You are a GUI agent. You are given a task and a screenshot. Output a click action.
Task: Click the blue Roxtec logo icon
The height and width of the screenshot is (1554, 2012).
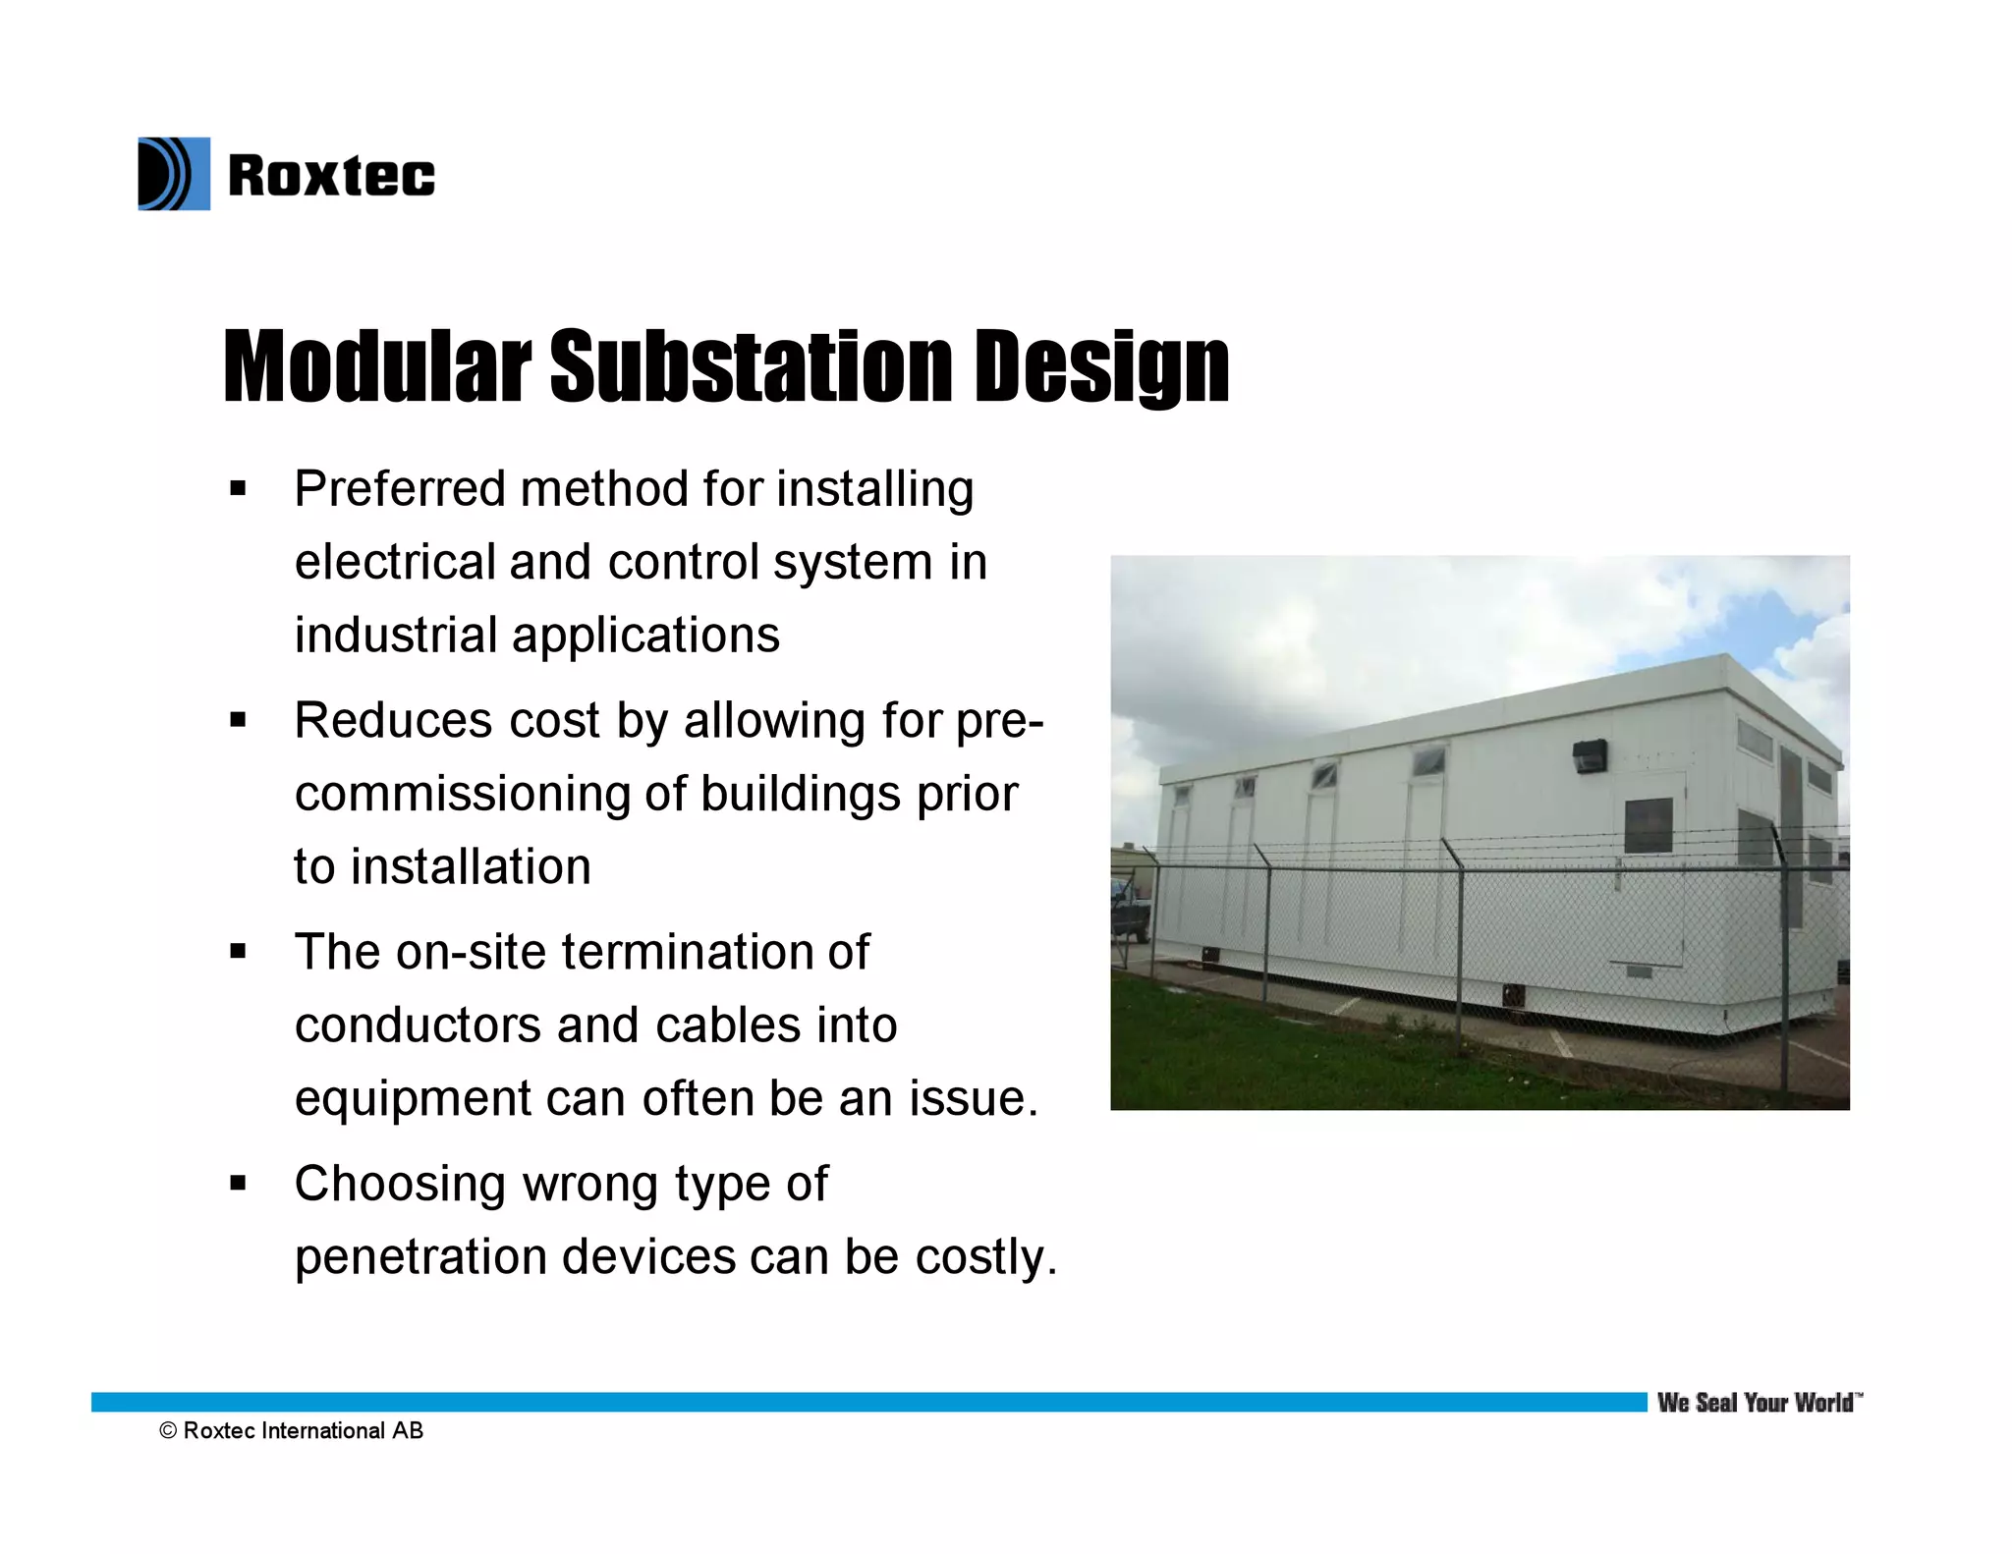(174, 174)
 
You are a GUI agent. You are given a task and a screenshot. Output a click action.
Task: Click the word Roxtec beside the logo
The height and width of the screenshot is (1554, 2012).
(331, 177)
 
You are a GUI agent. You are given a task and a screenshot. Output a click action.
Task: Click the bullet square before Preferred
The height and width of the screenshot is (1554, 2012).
(237, 488)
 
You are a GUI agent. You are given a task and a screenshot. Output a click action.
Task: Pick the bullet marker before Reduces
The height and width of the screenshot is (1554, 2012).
(237, 720)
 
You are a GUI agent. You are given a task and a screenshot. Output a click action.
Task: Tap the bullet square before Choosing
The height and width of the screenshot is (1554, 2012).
(237, 1183)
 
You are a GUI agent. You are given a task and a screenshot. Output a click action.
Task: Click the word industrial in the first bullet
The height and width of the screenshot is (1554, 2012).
(395, 635)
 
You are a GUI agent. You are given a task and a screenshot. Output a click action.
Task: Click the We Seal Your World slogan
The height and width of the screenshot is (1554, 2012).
(1758, 1403)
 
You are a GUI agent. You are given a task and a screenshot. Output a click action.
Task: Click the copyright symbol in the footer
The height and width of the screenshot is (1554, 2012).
(168, 1431)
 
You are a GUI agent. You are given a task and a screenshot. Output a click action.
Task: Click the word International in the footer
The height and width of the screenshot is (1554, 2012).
(323, 1431)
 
